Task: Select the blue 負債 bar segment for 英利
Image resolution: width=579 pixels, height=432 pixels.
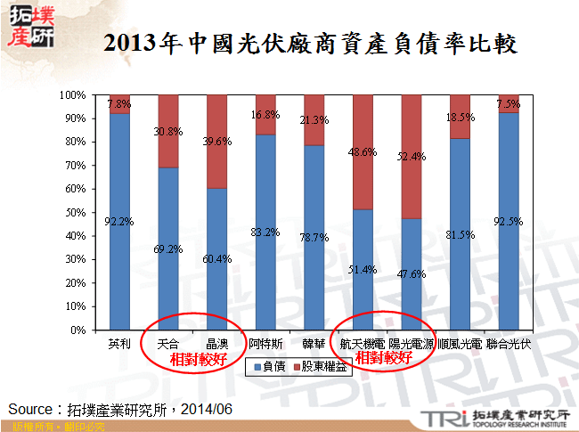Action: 119,223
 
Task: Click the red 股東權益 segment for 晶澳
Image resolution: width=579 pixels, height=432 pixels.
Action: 216,141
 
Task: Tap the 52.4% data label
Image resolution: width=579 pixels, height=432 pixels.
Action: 412,157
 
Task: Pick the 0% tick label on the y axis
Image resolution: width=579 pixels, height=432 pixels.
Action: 77,330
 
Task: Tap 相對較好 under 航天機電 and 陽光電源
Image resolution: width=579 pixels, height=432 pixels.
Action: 384,359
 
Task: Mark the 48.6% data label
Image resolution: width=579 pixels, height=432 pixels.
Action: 363,152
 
